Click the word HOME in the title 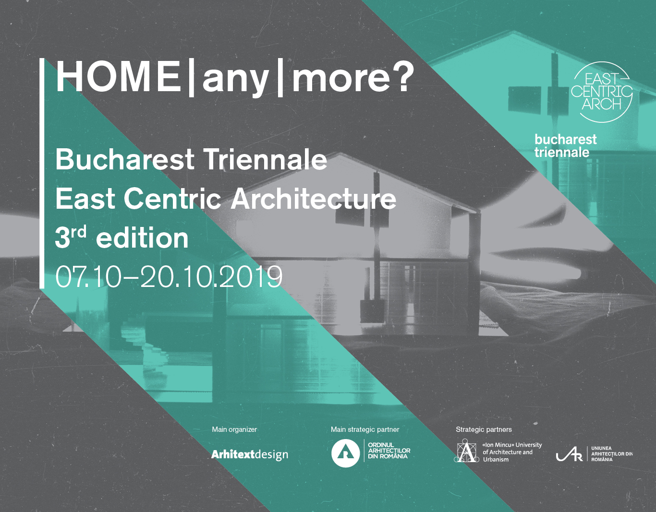pos(118,76)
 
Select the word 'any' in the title pos(235,80)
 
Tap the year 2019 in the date pos(251,276)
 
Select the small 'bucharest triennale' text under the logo pos(565,146)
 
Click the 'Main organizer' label pos(234,429)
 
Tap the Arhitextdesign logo pos(249,454)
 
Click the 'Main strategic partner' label pos(364,429)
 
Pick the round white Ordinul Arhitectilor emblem pos(346,453)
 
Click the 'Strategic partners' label pos(484,429)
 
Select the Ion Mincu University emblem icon pos(466,451)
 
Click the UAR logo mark pos(569,454)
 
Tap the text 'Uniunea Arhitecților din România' pos(612,454)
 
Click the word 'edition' pos(142,238)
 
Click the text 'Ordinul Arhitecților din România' pos(389,451)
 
